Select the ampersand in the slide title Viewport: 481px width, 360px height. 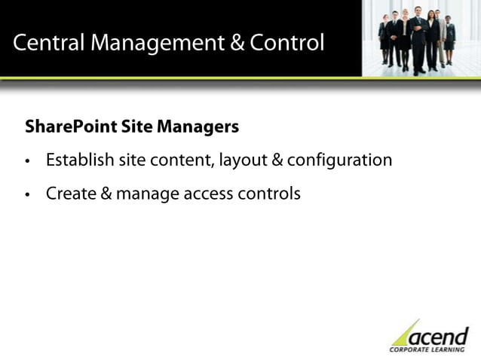(x=237, y=43)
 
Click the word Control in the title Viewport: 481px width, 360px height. (x=287, y=43)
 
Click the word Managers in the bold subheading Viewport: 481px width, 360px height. (x=198, y=127)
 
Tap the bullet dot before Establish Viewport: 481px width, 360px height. (x=28, y=161)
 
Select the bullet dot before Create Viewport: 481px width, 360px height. (x=28, y=194)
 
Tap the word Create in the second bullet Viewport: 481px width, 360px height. (x=69, y=194)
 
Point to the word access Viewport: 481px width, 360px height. (x=206, y=194)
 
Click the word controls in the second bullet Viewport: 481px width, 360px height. (x=269, y=194)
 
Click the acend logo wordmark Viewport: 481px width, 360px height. (x=439, y=335)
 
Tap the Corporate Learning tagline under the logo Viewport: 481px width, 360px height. (x=428, y=349)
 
